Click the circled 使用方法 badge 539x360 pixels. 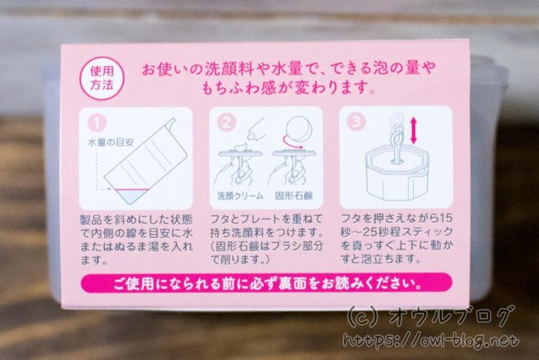click(x=101, y=79)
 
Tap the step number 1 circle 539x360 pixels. click(x=96, y=123)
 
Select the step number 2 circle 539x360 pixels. click(x=227, y=122)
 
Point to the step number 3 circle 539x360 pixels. click(x=356, y=121)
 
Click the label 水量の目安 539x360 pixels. click(x=110, y=143)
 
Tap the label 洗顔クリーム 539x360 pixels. click(x=241, y=196)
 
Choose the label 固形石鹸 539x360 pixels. click(x=294, y=196)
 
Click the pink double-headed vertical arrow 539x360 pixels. click(x=414, y=130)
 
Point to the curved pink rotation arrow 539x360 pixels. click(x=292, y=144)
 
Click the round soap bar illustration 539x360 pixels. click(x=299, y=130)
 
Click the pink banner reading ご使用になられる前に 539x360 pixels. click(x=267, y=284)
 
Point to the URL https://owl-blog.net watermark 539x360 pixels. click(x=431, y=341)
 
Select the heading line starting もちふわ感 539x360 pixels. click(x=287, y=87)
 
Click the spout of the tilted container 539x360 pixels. click(x=171, y=122)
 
